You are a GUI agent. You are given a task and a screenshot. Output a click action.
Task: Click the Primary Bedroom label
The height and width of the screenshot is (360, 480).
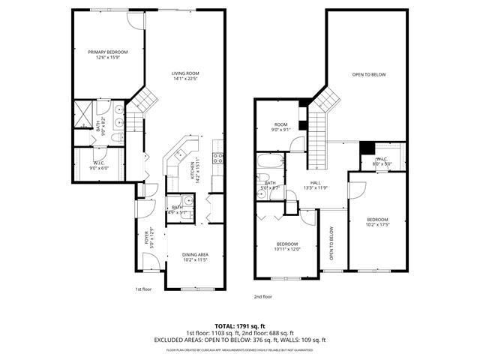108,54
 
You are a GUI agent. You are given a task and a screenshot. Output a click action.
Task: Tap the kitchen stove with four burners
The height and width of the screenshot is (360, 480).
219,158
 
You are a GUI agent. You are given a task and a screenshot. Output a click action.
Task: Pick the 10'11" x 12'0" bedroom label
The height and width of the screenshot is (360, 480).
287,247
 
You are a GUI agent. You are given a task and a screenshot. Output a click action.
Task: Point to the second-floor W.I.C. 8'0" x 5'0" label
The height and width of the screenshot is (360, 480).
381,160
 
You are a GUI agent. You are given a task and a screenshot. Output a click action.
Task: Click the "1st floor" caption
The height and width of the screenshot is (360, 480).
143,289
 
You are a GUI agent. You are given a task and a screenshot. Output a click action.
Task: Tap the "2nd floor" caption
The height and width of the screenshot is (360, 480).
263,297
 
